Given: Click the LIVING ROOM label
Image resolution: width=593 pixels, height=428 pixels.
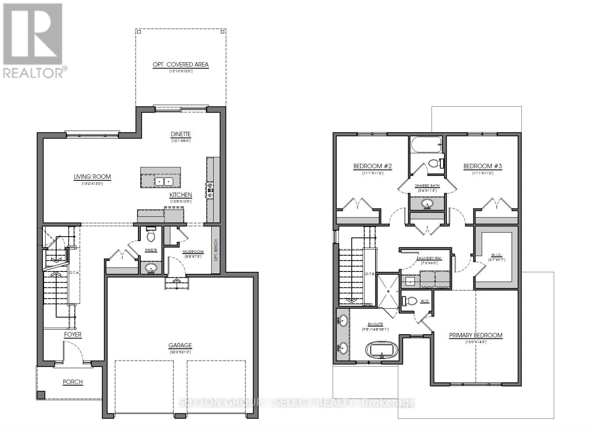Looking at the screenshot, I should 92,177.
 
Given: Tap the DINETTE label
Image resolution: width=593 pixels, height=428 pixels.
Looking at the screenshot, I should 181,134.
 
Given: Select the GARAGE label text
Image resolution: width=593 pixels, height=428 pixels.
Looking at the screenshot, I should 180,345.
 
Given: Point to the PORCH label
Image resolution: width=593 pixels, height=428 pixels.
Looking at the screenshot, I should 73,382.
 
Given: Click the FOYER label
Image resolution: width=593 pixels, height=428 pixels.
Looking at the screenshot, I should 73,334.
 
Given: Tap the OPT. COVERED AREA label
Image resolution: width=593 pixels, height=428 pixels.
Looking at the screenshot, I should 181,65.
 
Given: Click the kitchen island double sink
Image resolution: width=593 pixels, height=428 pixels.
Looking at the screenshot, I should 163,182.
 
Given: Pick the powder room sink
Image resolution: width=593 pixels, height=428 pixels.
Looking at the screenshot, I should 151,268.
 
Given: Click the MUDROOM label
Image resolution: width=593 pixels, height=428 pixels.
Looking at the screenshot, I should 193,252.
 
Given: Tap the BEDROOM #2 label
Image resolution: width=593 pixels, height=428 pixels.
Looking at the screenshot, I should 373,166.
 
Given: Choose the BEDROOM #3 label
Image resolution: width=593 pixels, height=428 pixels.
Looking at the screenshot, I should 483,166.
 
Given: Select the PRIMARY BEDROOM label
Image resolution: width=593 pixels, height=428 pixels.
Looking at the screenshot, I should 476,335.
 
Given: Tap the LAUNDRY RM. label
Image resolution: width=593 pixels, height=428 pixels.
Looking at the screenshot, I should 429,258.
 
